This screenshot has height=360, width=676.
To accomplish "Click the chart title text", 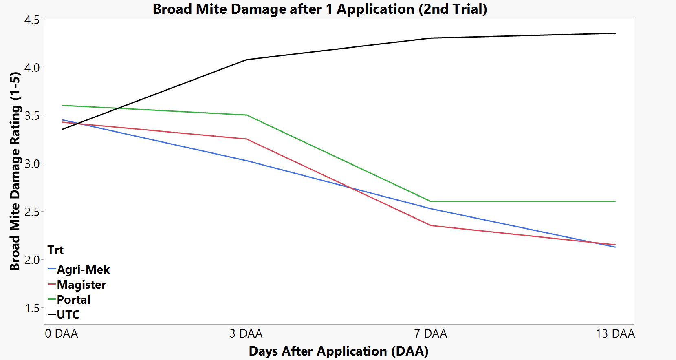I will point(319,9).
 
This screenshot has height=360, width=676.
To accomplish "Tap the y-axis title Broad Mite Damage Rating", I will point(15,171).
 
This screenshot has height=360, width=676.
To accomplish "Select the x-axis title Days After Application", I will point(338,351).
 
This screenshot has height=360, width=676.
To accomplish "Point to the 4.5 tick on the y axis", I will point(32,20).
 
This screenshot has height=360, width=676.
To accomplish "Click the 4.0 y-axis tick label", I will point(32,68).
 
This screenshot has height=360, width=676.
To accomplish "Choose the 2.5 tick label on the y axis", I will point(32,212).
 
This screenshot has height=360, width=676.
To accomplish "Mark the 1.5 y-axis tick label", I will point(32,308).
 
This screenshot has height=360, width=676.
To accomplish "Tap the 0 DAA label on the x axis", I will point(62,334).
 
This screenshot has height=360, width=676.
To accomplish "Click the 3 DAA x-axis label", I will point(246,334).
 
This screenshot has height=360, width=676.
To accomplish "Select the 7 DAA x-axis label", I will point(431,334).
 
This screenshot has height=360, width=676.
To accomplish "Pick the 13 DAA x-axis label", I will point(615,334).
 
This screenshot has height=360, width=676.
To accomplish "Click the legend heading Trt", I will point(55,250).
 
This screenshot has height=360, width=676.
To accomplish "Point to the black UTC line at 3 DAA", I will point(247,60).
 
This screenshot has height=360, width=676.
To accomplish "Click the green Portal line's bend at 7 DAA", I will point(431,201).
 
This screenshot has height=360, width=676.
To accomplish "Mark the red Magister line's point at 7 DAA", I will point(431,225).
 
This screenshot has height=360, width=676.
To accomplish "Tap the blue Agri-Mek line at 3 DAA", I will point(247,161).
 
